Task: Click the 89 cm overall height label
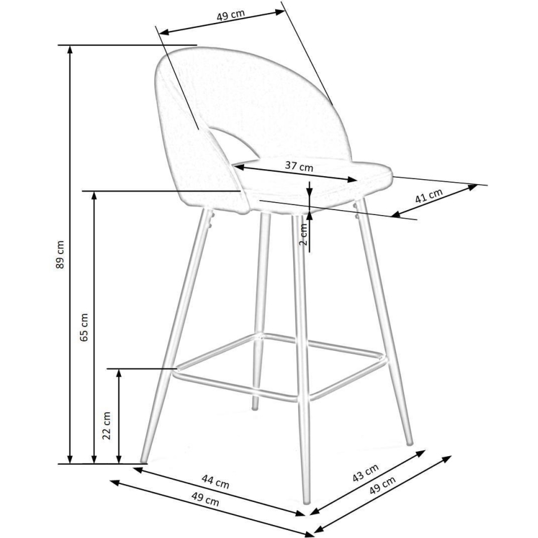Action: click(60, 255)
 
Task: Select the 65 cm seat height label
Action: click(85, 327)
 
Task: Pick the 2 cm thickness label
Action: click(303, 234)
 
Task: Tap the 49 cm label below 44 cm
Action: click(204, 497)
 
